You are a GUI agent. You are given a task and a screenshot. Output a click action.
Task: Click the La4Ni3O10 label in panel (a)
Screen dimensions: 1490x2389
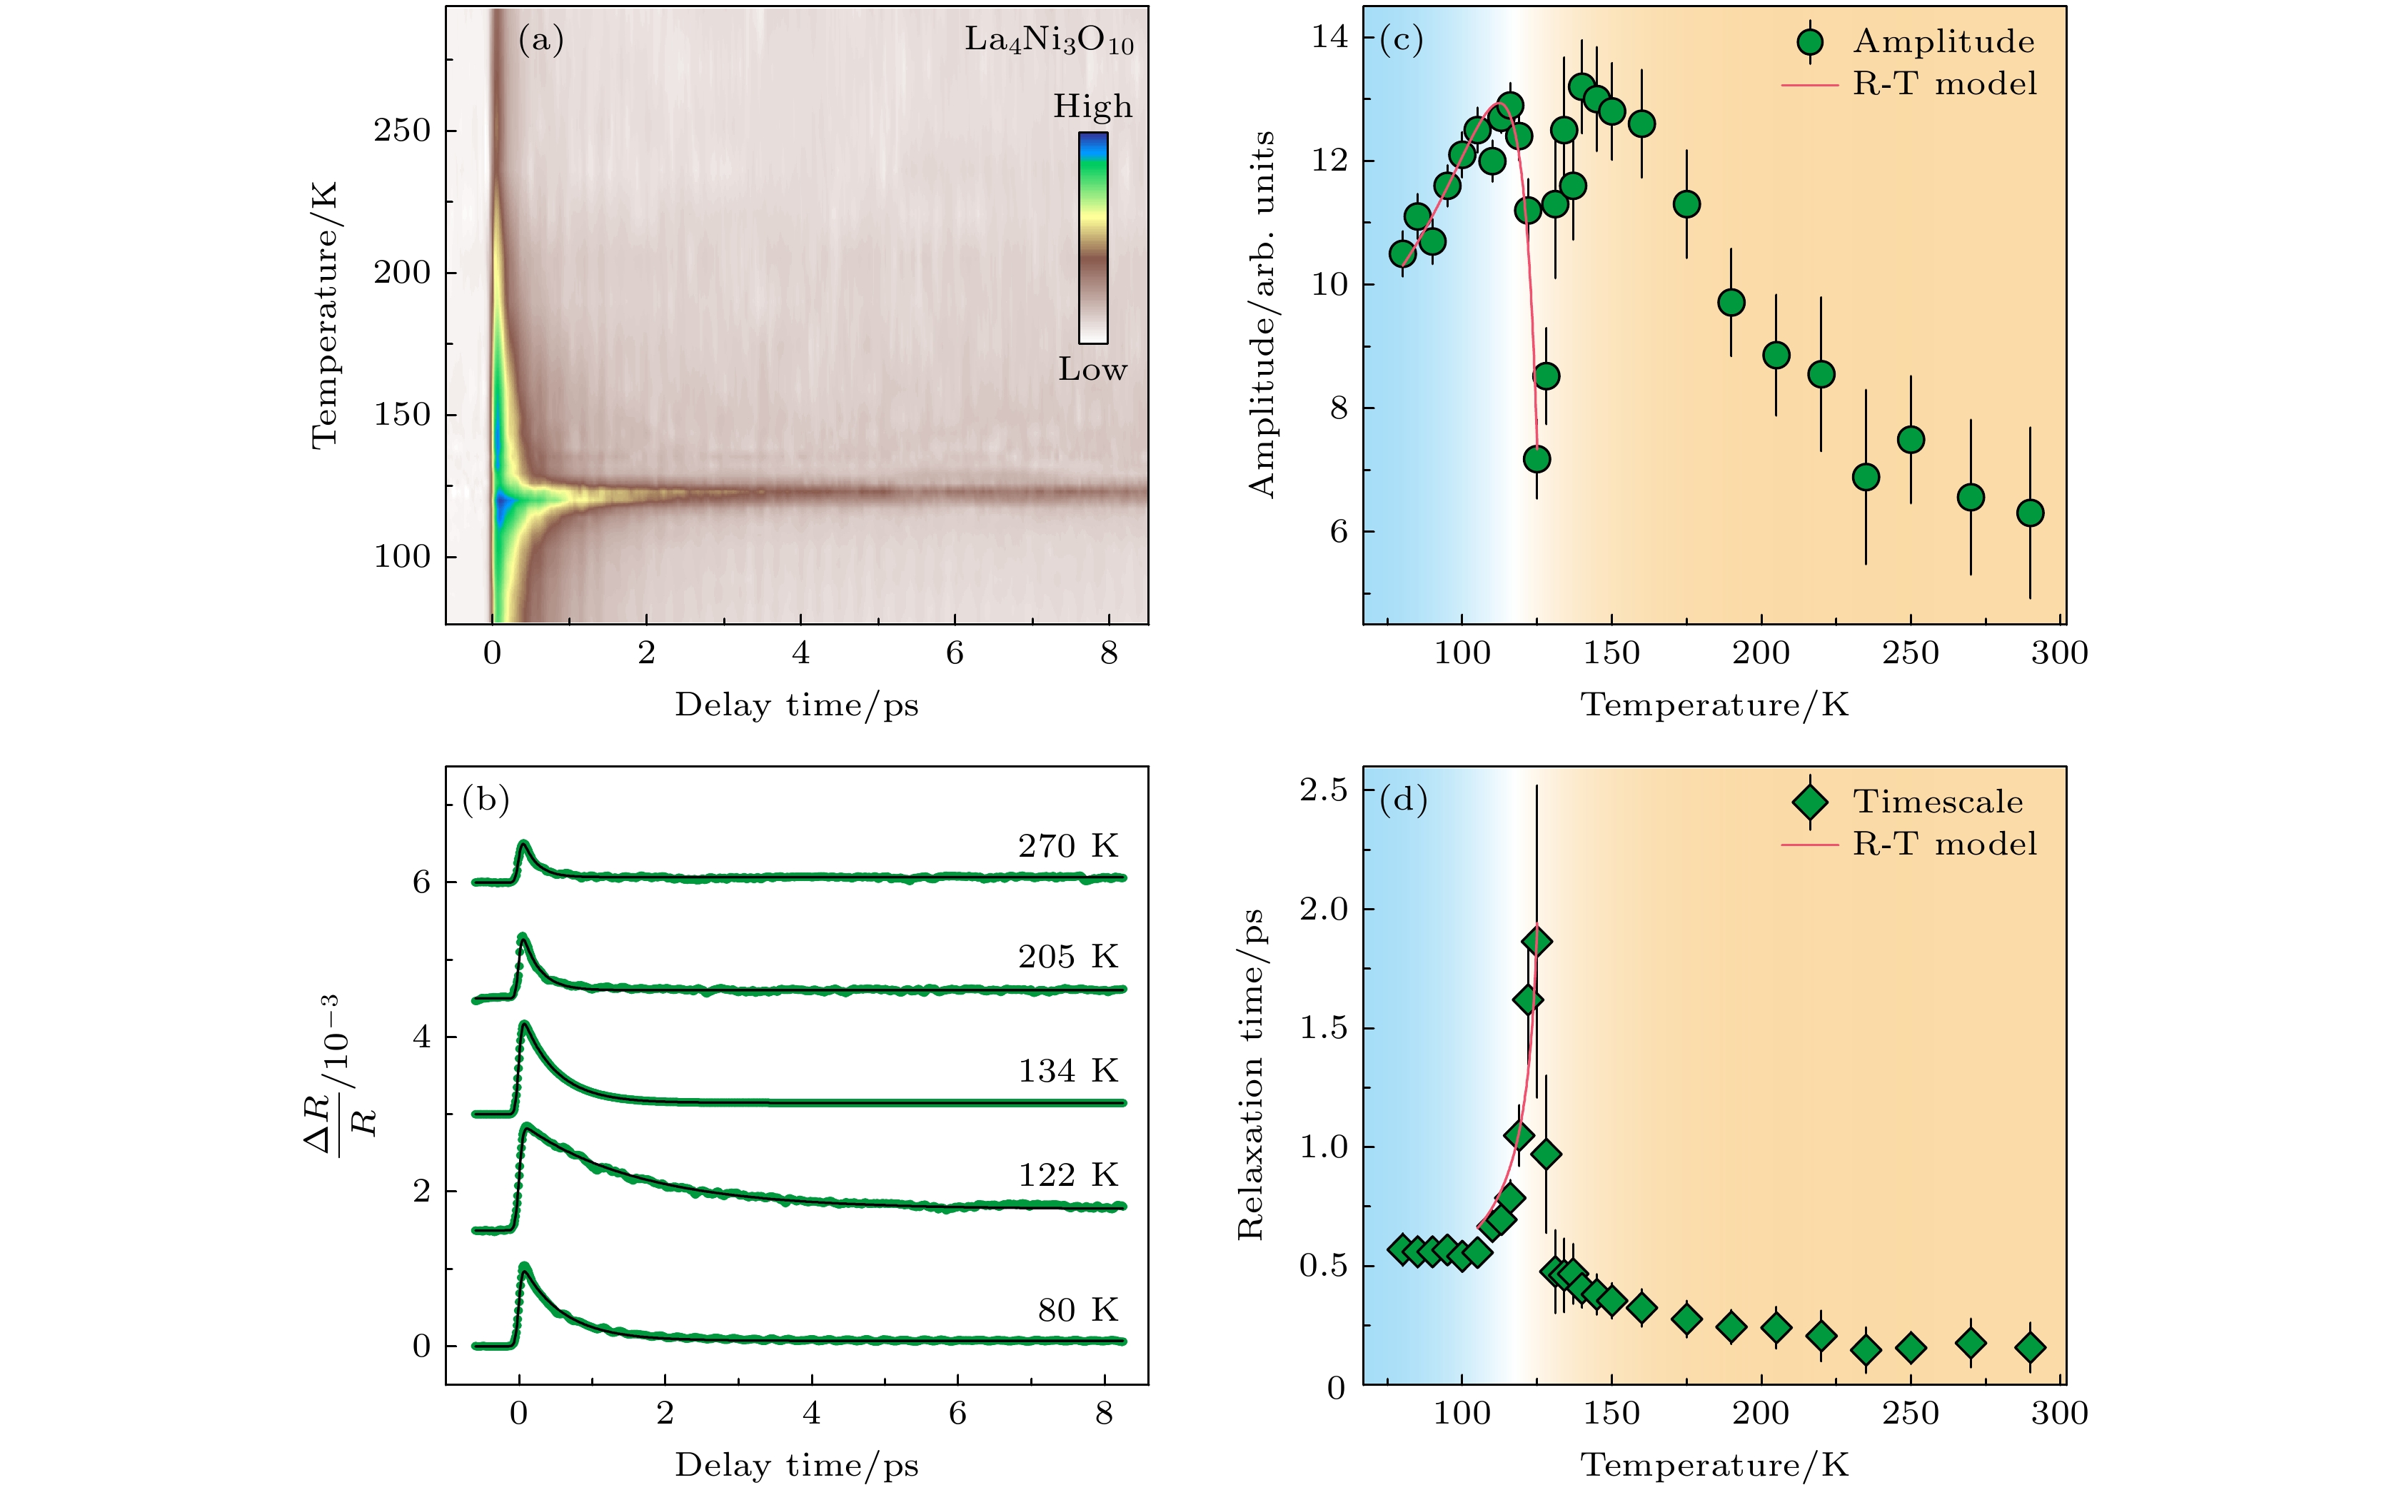(1049, 41)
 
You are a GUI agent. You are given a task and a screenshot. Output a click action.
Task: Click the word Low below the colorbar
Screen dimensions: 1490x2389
(1092, 370)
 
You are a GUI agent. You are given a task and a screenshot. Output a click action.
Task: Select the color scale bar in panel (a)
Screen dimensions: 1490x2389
(1093, 238)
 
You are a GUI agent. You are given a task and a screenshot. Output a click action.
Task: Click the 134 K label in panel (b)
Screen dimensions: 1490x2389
(1068, 1071)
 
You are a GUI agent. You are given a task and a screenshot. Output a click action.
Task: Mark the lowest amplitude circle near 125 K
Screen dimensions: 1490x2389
(1536, 459)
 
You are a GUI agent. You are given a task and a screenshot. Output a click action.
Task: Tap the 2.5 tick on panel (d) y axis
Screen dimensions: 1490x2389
(1324, 790)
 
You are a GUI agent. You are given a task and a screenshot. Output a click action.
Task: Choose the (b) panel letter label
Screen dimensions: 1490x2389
(486, 799)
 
